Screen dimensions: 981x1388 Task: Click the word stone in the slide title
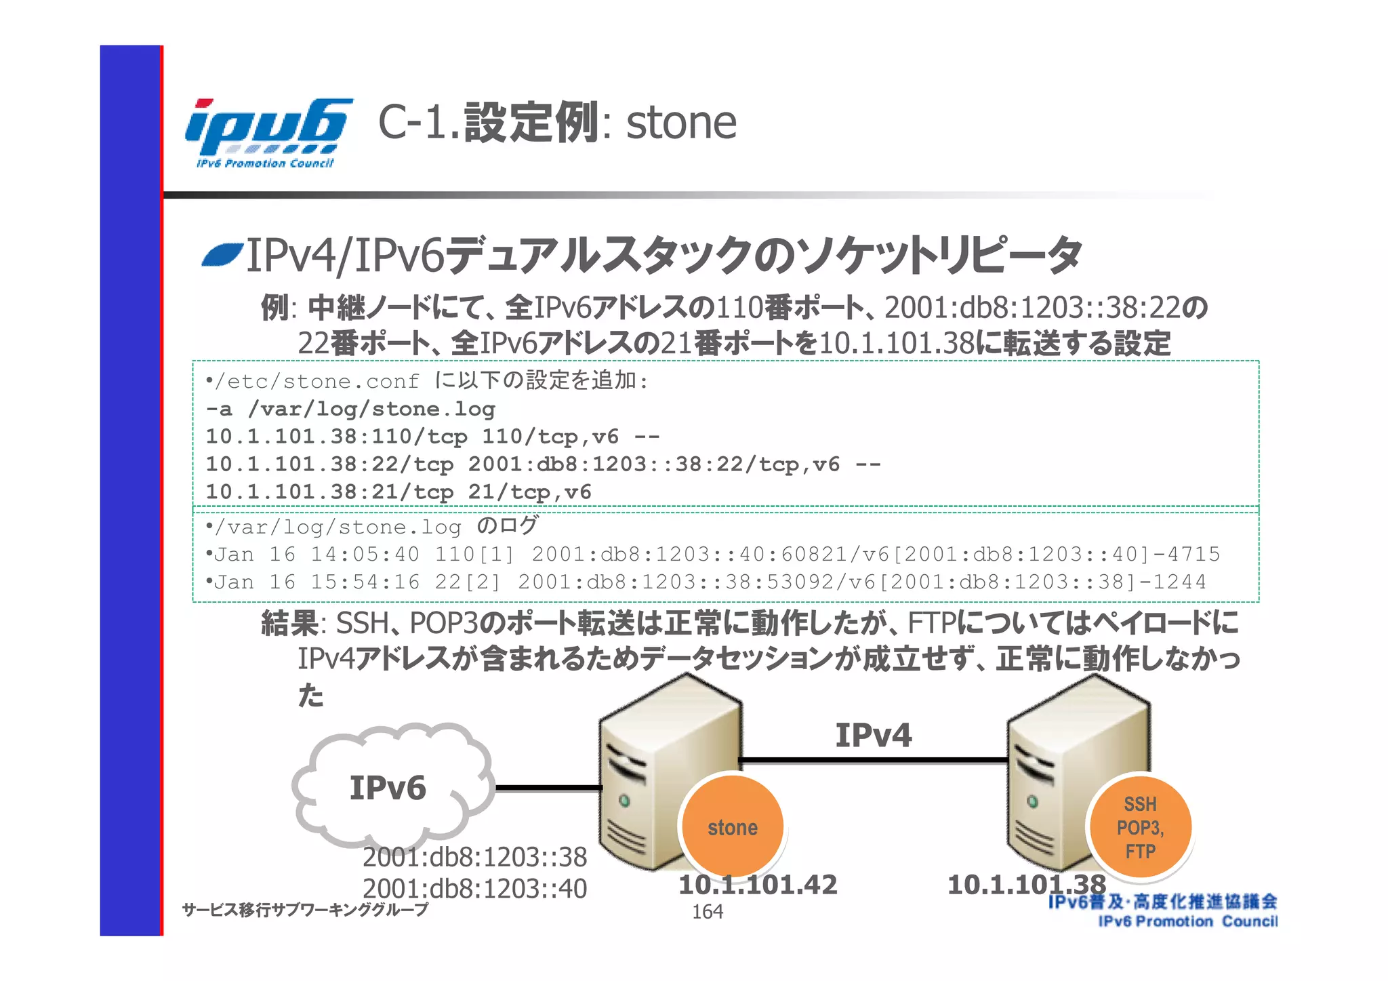[680, 123]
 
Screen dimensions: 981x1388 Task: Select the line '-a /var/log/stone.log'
[350, 409]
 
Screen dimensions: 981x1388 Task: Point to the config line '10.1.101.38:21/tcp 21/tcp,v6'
[399, 492]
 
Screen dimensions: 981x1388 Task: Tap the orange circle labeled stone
[732, 826]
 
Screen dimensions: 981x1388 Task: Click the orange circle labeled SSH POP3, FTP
[1140, 827]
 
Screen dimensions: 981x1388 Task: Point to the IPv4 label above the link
[873, 736]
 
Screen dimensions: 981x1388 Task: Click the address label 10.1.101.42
[758, 885]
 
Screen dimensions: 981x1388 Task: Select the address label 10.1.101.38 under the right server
[1026, 885]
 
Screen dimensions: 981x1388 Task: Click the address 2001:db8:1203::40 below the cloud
[474, 889]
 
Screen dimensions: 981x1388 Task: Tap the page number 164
[707, 912]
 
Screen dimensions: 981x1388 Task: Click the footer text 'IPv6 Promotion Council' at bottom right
[1187, 921]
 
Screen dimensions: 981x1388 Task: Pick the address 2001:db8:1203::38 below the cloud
[474, 858]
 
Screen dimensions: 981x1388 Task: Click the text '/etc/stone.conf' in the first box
[317, 382]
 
